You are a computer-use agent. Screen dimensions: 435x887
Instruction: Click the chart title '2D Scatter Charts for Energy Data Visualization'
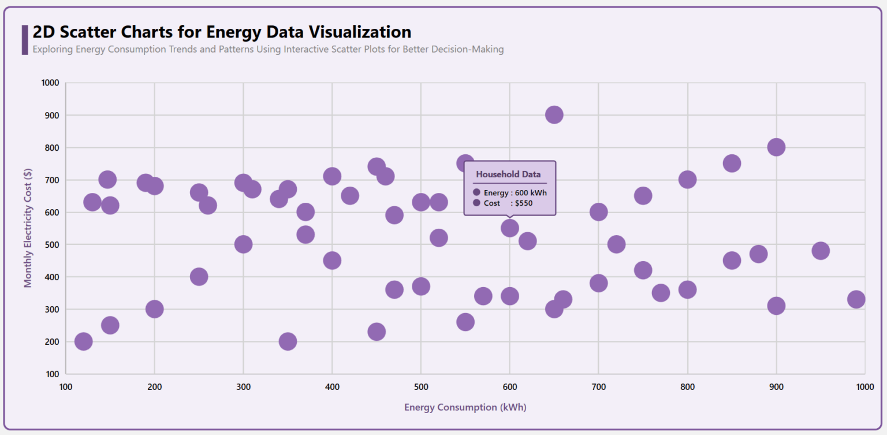pos(222,32)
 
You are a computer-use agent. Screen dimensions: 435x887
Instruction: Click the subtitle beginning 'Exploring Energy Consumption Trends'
pos(268,50)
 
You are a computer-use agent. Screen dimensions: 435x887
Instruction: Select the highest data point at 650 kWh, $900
pos(554,115)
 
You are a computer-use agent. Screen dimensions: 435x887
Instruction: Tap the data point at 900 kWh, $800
pos(776,147)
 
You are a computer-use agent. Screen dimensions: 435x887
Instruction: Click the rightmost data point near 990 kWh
pos(856,299)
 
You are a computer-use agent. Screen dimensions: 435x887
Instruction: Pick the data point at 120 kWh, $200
pos(84,341)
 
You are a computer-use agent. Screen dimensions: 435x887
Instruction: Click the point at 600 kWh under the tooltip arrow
pos(509,228)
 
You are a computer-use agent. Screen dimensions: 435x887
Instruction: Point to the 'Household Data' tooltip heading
pos(508,174)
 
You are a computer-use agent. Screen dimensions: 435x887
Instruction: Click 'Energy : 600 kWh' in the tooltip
pos(515,193)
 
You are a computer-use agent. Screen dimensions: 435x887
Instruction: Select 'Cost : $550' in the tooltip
pos(508,203)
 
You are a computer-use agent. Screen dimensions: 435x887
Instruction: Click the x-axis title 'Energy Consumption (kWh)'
pos(465,407)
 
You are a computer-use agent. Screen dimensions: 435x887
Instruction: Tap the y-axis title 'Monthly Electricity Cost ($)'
pos(28,228)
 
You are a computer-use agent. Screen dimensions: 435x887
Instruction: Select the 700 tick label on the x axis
pos(598,386)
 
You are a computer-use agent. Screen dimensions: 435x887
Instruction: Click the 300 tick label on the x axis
pos(243,386)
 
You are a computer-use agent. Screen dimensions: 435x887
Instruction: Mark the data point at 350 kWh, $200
pos(288,341)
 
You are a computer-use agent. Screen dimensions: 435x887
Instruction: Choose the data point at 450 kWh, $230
pos(377,332)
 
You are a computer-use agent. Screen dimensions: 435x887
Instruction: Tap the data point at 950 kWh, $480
pos(821,251)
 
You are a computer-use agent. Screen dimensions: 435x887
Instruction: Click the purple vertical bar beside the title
pos(25,40)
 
